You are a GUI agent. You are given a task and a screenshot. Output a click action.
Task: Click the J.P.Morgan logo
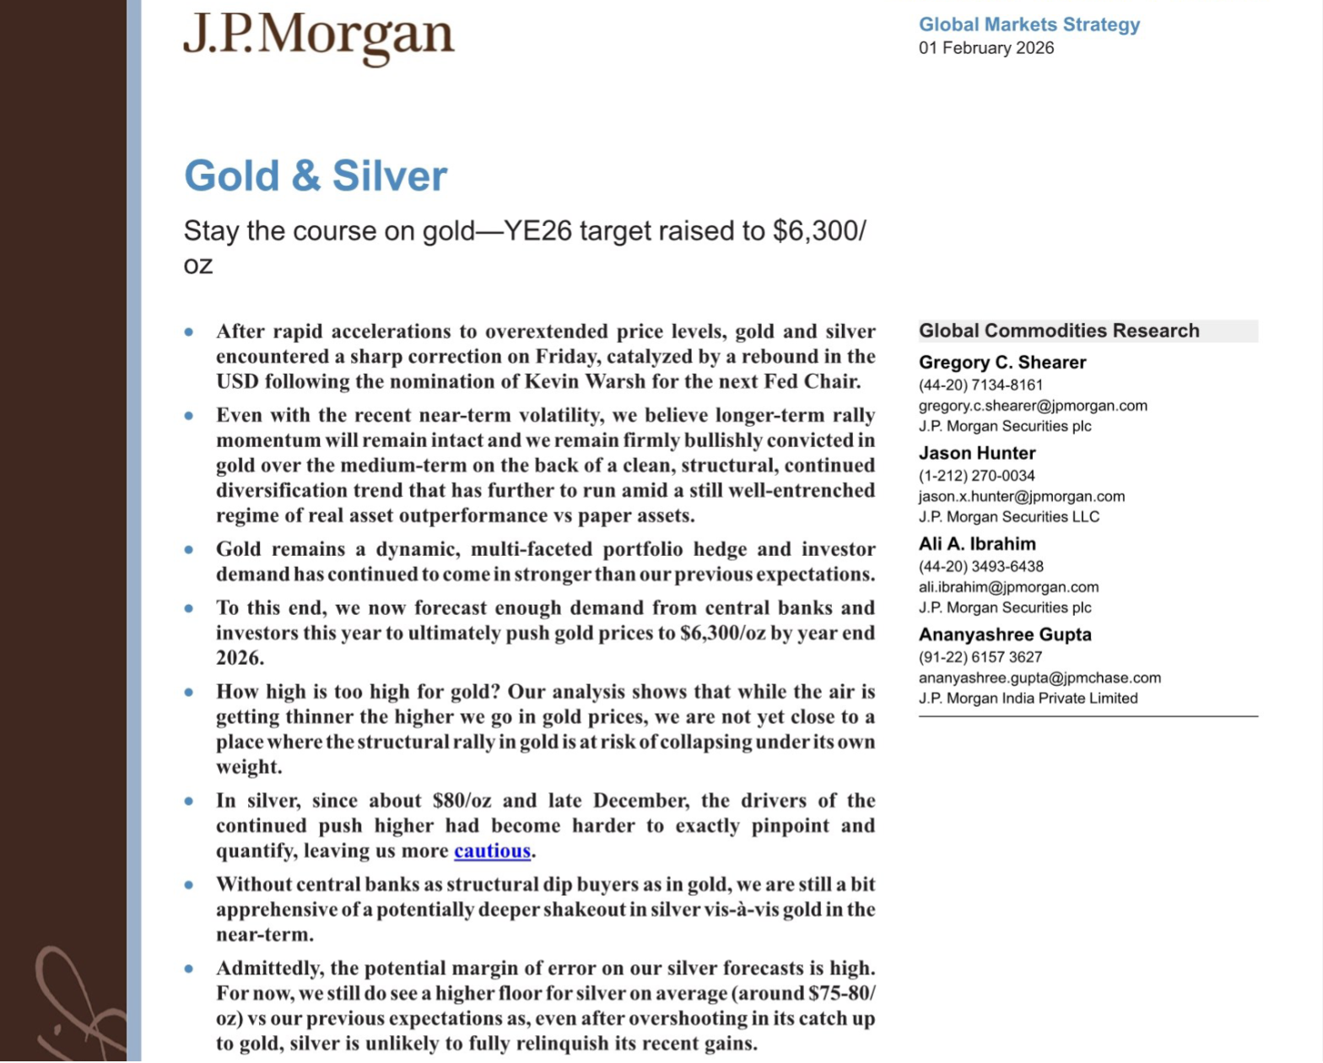318,37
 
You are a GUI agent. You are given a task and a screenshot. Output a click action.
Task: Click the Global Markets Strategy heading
1029,24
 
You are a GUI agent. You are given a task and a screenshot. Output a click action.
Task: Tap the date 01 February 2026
985,48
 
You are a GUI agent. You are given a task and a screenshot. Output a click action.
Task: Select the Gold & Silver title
316,175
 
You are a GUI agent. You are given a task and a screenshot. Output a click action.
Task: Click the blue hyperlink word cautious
492,851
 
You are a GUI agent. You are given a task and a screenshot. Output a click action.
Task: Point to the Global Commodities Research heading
1058,331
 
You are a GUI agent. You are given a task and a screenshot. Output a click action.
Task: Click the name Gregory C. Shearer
1002,362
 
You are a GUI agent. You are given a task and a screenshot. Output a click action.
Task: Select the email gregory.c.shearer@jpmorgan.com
1032,406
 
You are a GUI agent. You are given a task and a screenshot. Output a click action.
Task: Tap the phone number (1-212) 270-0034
976,476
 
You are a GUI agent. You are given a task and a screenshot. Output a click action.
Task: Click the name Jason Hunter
976,453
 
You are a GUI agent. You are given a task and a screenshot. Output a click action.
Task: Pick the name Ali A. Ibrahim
976,544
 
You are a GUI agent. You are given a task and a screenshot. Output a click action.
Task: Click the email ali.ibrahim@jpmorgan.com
1007,587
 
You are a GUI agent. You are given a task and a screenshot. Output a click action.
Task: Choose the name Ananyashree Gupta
1004,634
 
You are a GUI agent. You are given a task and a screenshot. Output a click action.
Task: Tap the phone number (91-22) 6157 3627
980,657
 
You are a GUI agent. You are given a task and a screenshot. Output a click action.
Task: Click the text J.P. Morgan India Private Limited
1028,699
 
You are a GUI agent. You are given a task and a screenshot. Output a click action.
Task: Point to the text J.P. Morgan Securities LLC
1008,517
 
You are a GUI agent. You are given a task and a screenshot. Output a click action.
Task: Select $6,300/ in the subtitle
818,231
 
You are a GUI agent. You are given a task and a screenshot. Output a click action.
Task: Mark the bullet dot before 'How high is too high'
189,693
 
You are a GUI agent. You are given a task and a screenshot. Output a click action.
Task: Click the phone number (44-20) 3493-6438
980,567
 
